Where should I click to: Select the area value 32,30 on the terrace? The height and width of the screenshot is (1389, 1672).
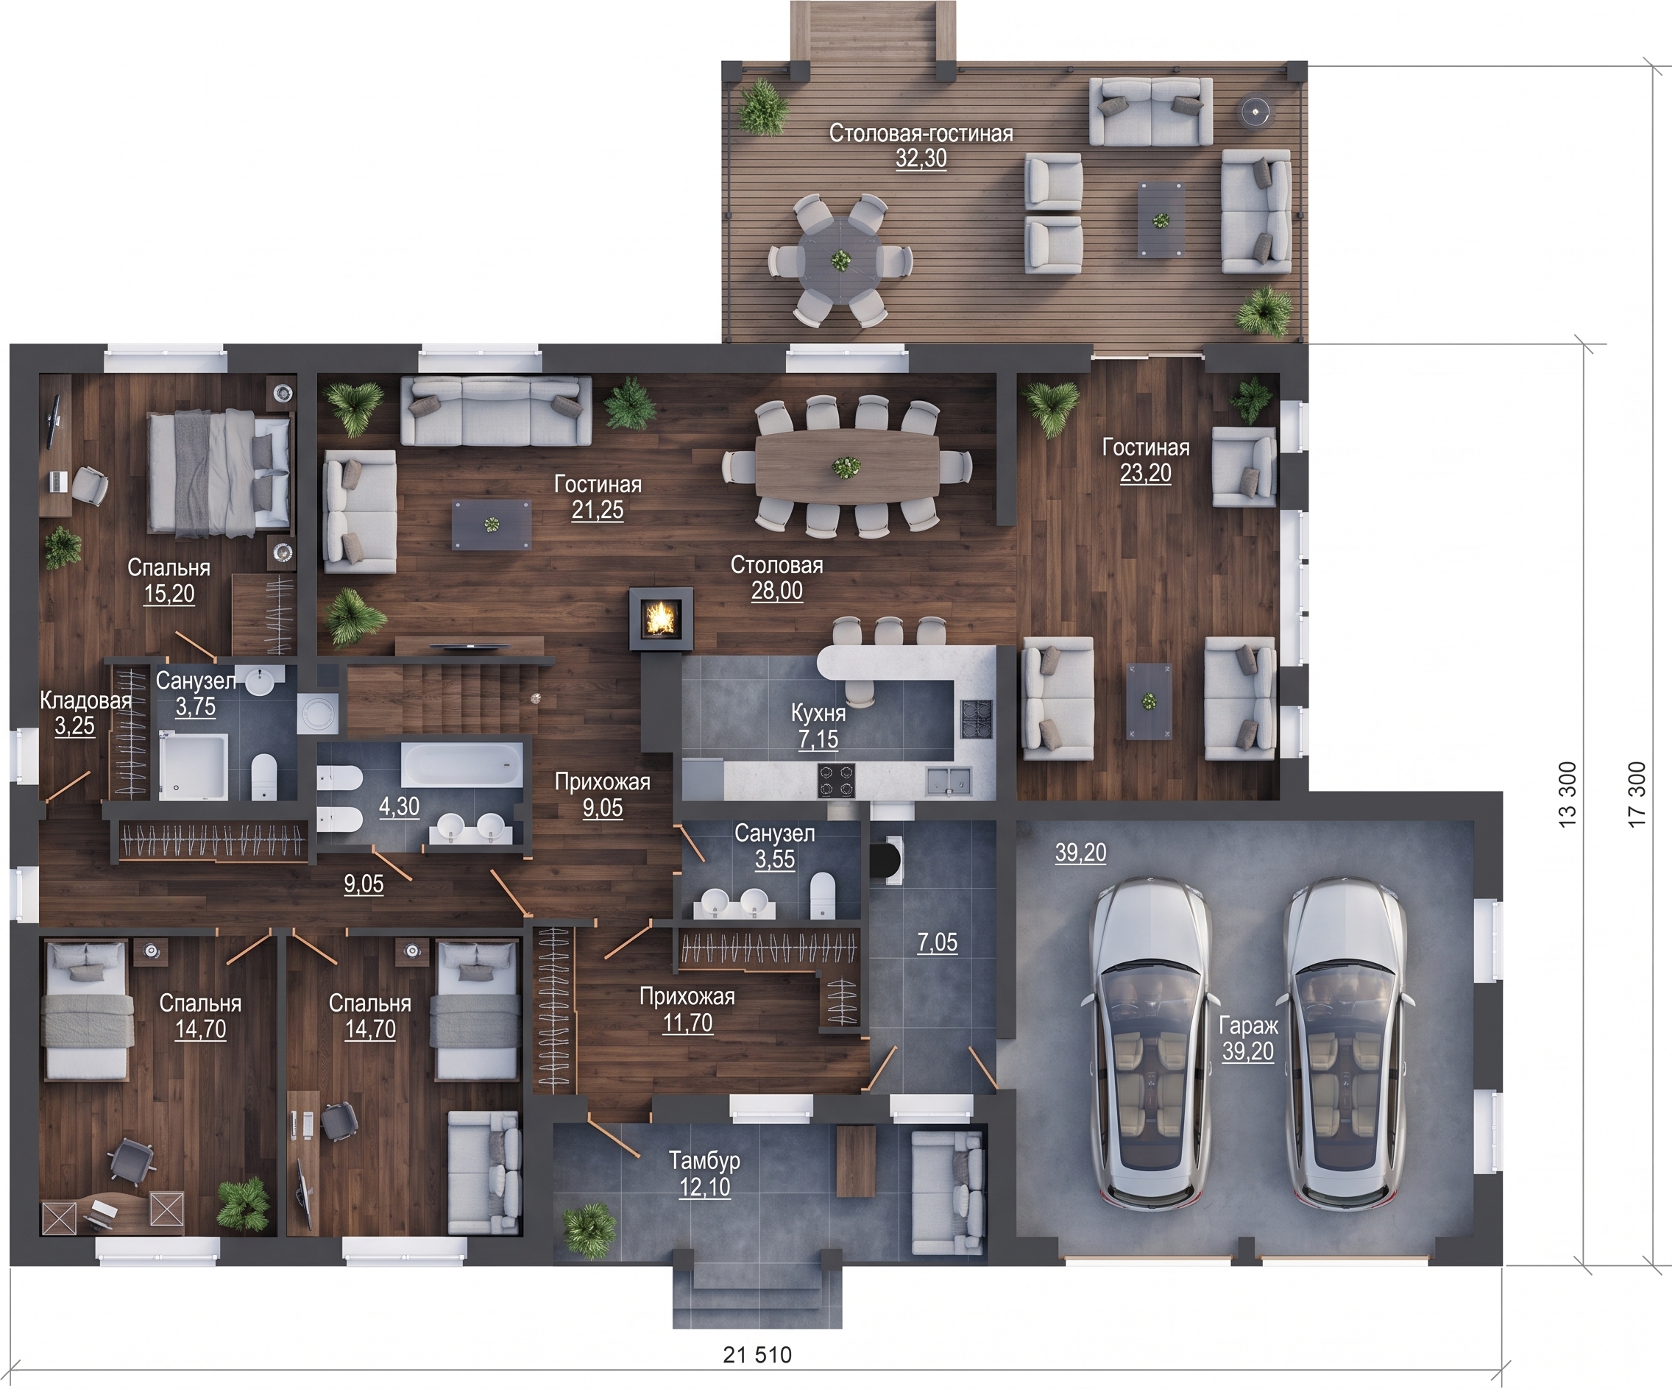point(921,158)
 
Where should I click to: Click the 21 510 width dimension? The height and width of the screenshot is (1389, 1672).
point(757,1354)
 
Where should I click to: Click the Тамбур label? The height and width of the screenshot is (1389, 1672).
point(704,1160)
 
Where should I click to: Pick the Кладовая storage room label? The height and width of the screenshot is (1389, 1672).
point(85,700)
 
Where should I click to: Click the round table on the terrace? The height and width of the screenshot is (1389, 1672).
point(840,258)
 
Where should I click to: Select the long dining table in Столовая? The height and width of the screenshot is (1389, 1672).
point(846,464)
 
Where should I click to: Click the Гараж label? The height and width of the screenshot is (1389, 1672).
point(1247,1026)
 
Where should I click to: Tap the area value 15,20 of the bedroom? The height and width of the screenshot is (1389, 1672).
point(169,594)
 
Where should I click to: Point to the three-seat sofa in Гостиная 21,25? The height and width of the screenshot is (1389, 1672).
point(496,410)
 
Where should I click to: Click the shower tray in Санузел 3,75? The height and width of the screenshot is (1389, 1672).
point(193,766)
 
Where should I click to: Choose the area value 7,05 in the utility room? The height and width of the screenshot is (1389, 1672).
point(937,942)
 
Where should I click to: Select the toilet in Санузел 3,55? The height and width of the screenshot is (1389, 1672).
point(822,895)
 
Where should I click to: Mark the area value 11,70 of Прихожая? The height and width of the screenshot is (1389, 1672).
point(688,1023)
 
